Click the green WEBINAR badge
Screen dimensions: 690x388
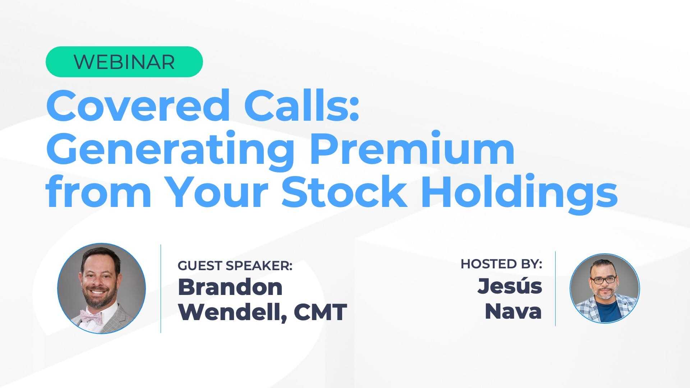click(x=124, y=62)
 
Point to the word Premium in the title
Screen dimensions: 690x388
click(x=412, y=148)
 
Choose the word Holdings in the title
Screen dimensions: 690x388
click(x=520, y=194)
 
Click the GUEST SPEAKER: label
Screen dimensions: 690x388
click(x=235, y=265)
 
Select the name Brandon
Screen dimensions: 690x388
click(x=230, y=287)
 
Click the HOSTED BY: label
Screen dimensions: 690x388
click(x=501, y=264)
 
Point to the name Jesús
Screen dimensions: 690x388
click(x=510, y=286)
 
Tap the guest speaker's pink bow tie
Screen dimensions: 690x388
click(x=91, y=316)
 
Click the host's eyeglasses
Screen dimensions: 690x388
click(x=603, y=280)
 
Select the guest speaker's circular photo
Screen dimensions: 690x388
click(x=102, y=288)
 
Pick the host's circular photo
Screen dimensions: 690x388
click(x=605, y=288)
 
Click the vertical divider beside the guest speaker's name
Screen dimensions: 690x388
click(x=161, y=288)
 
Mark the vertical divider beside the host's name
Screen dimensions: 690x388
click(x=555, y=288)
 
